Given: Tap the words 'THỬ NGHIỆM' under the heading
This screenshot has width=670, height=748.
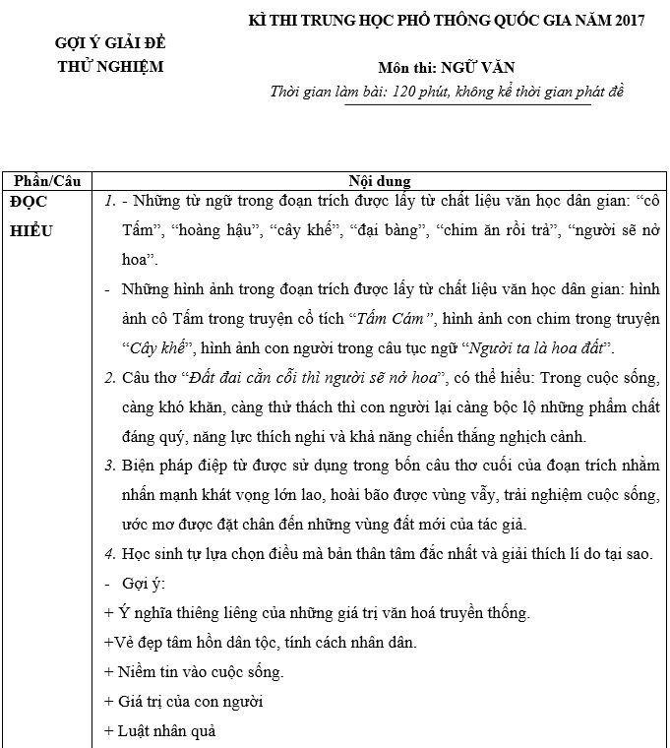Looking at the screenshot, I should pos(110,67).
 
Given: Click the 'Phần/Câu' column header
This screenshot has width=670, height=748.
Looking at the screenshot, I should pos(45,181).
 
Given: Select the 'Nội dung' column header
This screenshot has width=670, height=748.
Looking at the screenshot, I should pos(379,181).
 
